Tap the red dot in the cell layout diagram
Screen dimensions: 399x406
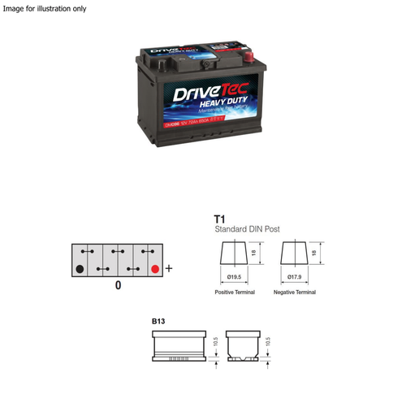pyautogui.click(x=154, y=268)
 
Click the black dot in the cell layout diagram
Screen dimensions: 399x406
pyautogui.click(x=79, y=268)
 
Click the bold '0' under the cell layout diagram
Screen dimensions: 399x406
pyautogui.click(x=118, y=286)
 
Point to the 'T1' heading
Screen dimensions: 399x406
pyautogui.click(x=218, y=219)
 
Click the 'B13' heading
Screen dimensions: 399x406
pyautogui.click(x=158, y=322)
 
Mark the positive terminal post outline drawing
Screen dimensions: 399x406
pyautogui.click(x=235, y=254)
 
